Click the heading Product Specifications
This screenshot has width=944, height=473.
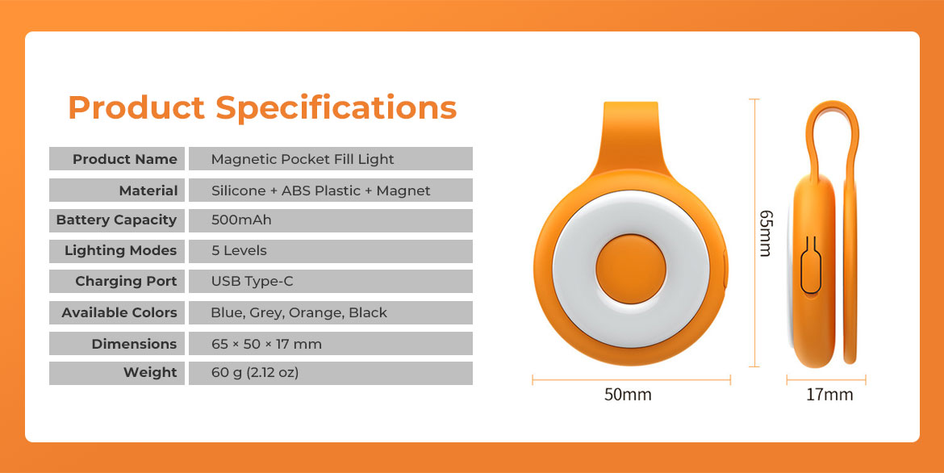(x=262, y=108)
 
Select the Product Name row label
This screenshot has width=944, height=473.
(x=124, y=159)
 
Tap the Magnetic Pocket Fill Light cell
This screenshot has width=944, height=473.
(x=303, y=159)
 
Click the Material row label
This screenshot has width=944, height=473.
(x=148, y=190)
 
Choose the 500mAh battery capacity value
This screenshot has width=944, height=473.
(x=241, y=220)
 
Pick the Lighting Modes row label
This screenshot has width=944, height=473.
(x=120, y=251)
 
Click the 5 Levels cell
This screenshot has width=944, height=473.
(x=239, y=251)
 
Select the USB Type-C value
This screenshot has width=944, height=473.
(x=253, y=282)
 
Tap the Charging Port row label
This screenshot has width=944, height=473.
(x=126, y=282)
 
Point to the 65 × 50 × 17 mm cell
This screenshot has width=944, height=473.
(x=266, y=344)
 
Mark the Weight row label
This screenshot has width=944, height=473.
(x=150, y=372)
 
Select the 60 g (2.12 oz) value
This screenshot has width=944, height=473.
(x=255, y=372)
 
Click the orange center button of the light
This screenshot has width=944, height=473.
(x=631, y=269)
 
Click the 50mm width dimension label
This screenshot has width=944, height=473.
(x=628, y=395)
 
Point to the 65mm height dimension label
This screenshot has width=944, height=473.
(x=765, y=233)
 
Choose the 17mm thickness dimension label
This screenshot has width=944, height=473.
(x=829, y=395)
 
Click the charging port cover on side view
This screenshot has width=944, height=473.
(x=811, y=266)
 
